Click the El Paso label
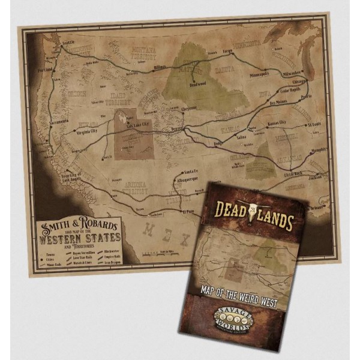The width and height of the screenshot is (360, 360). (x=190, y=211)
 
